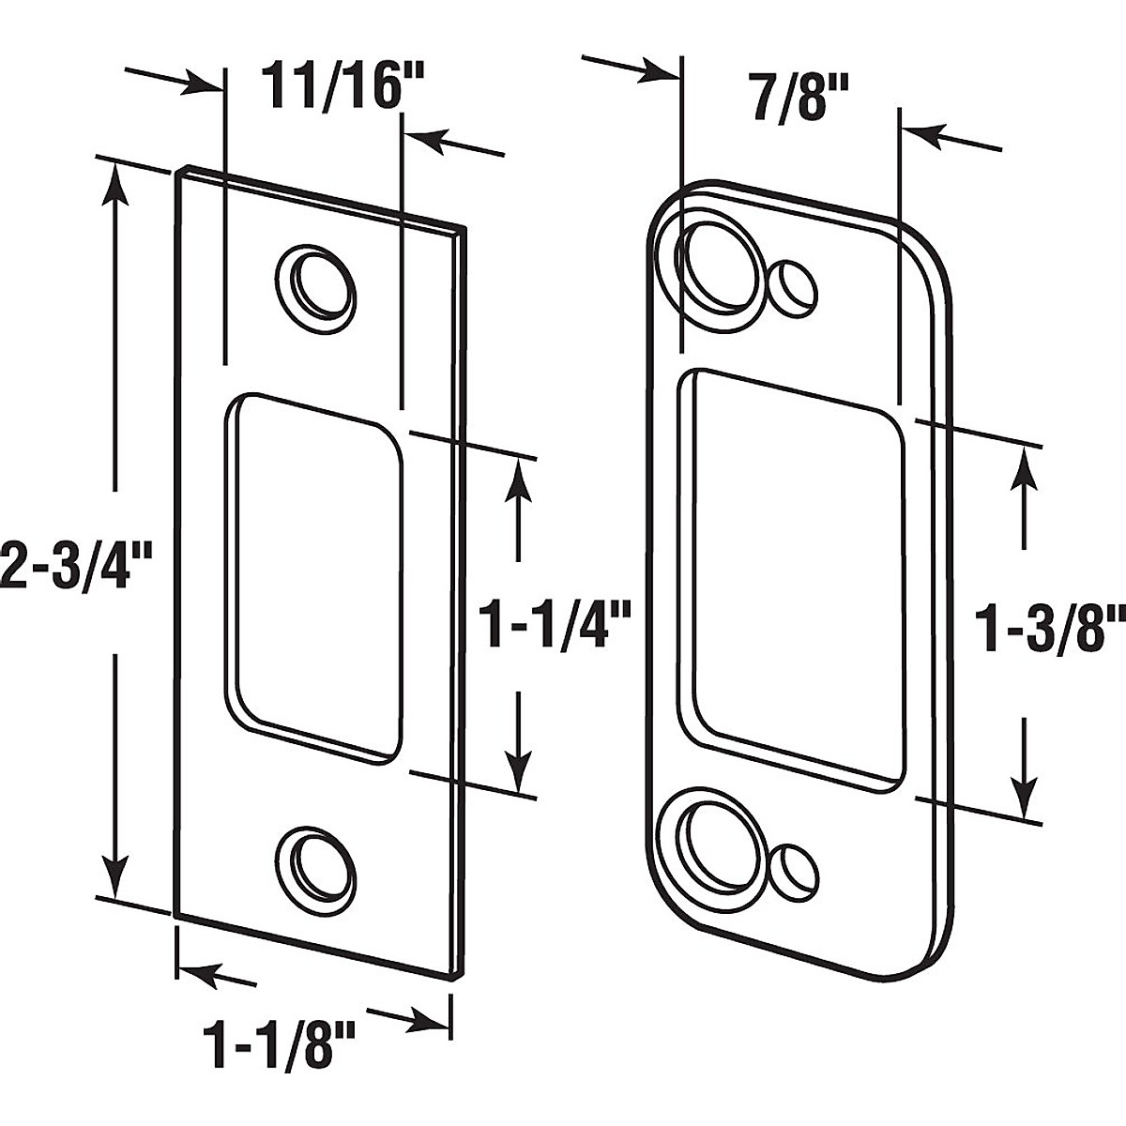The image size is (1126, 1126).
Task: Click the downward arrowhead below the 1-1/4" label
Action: [x=518, y=769]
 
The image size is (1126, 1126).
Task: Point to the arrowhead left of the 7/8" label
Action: [x=662, y=69]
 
